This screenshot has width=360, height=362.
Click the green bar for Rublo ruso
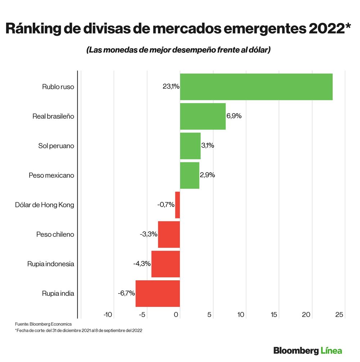[x=256, y=87]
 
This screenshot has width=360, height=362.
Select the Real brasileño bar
[x=203, y=116]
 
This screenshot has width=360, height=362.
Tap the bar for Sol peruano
[x=190, y=146]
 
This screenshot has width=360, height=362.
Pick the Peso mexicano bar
[x=189, y=175]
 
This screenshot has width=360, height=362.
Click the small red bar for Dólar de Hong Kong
[x=177, y=205]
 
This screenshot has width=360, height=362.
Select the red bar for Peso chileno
[x=169, y=234]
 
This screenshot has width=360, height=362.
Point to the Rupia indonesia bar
[x=166, y=264]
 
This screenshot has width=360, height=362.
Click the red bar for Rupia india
[x=158, y=293]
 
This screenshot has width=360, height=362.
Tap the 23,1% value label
[x=171, y=87]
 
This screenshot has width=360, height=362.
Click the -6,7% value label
[x=126, y=293]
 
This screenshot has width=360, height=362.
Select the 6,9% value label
[x=234, y=116]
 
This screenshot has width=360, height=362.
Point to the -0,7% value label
[x=166, y=205]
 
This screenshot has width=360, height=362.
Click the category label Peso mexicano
[x=51, y=175]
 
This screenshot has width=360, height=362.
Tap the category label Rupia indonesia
[x=51, y=264]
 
